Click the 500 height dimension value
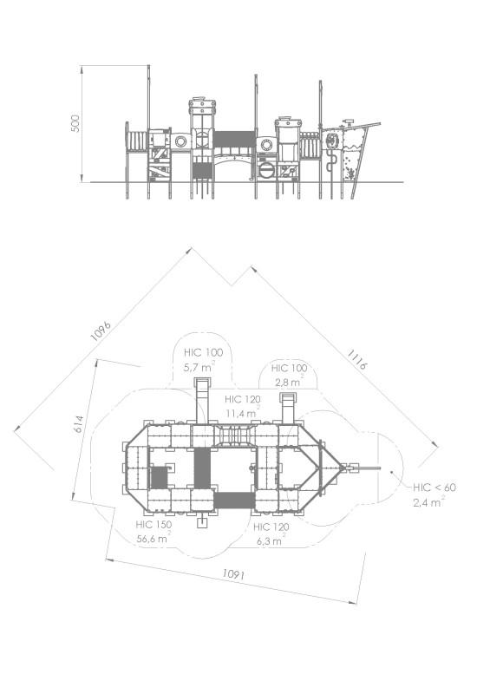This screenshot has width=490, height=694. pyautogui.click(x=75, y=123)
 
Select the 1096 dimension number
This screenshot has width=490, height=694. pyautogui.click(x=101, y=331)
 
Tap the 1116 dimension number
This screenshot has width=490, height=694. pyautogui.click(x=356, y=359)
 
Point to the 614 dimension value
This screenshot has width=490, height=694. pyautogui.click(x=78, y=424)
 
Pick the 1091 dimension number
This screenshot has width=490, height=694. pyautogui.click(x=233, y=574)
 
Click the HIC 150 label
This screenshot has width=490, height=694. pyautogui.click(x=154, y=525)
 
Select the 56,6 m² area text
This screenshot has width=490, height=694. pyautogui.click(x=154, y=538)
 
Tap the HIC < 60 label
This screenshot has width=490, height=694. pyautogui.click(x=434, y=488)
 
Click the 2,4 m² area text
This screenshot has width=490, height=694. pyautogui.click(x=429, y=501)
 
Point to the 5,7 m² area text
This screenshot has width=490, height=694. pyautogui.click(x=199, y=366)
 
